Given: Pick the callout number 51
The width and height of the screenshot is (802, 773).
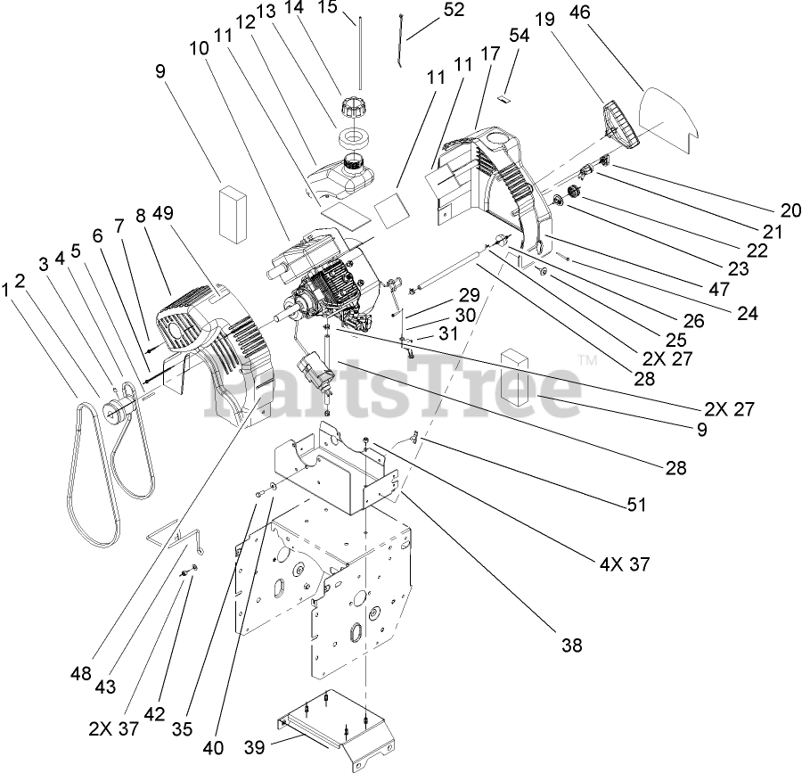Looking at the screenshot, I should (635, 505).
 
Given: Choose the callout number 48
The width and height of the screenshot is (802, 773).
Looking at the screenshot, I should (82, 674).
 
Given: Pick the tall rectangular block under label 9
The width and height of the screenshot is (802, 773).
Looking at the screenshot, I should (235, 214).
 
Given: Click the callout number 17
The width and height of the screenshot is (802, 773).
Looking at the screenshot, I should (489, 53).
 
